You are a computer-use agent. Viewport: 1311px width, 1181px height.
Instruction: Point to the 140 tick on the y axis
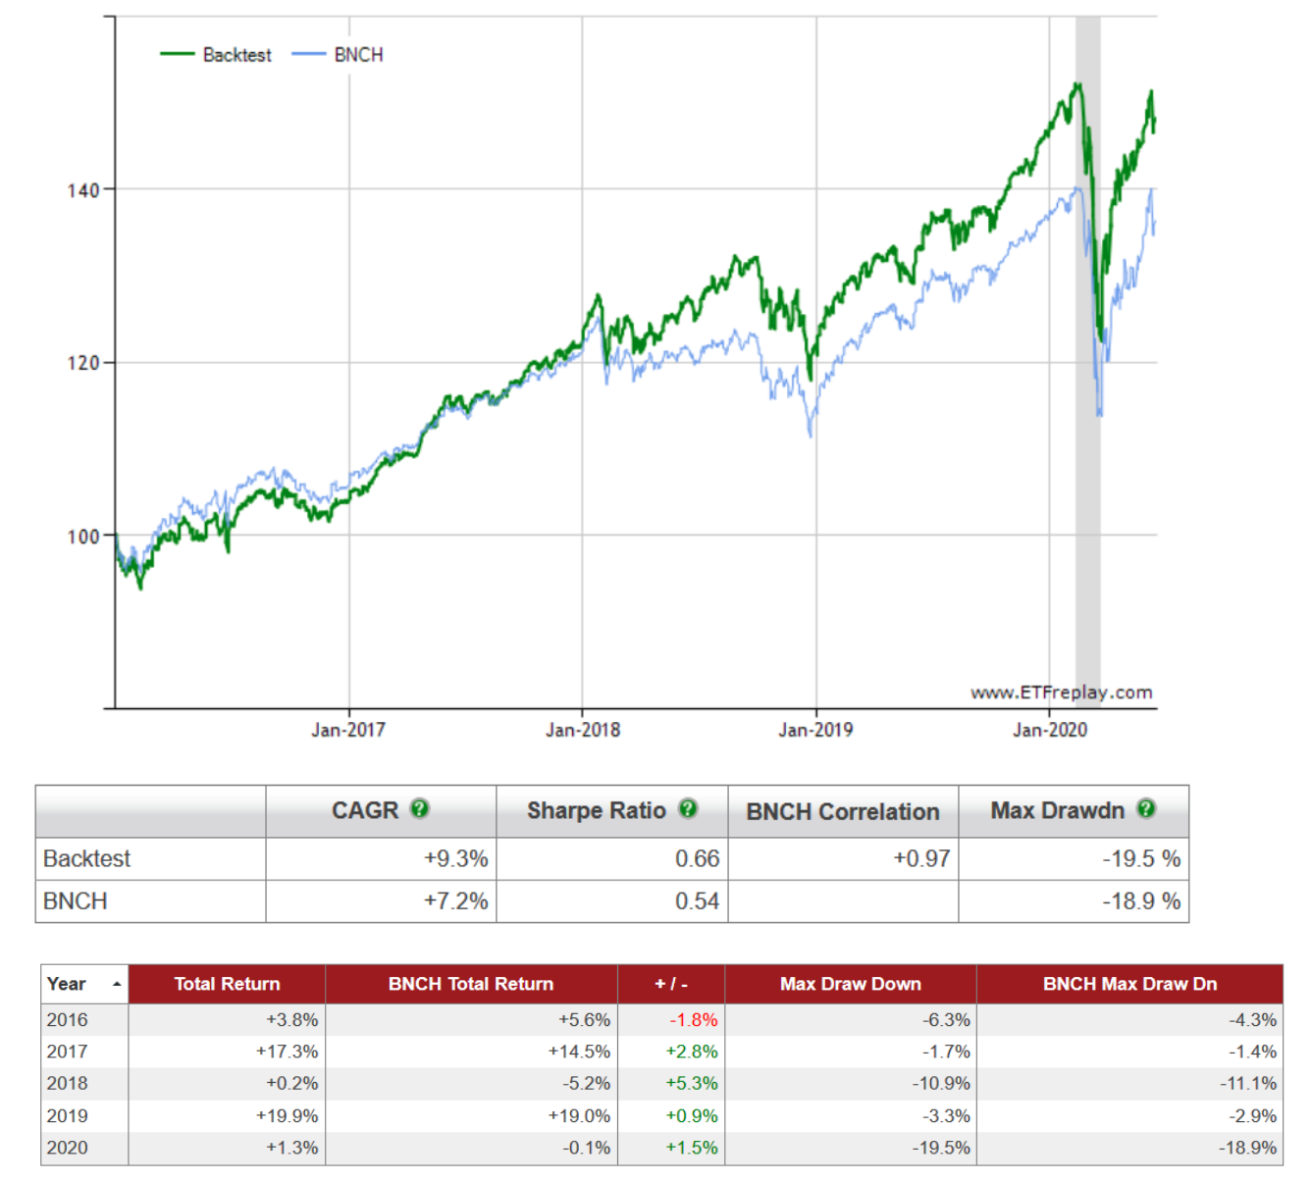click(83, 190)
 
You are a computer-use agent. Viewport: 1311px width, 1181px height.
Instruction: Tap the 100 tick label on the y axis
click(83, 537)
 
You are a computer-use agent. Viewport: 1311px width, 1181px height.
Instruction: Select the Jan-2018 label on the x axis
click(583, 730)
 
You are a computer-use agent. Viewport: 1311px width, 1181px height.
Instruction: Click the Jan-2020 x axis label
click(1050, 730)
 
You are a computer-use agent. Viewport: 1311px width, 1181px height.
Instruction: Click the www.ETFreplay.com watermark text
click(1062, 693)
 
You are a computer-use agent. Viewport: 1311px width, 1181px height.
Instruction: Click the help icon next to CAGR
click(420, 809)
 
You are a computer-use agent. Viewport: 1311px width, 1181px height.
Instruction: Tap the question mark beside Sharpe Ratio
click(688, 809)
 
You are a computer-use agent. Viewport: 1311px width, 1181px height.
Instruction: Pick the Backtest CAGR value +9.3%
click(455, 859)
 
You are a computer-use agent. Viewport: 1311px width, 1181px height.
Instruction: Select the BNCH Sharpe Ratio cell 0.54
click(697, 901)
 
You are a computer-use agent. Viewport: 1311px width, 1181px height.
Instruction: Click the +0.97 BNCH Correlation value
click(921, 859)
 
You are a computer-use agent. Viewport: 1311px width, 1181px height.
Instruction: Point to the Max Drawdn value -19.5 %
click(1141, 859)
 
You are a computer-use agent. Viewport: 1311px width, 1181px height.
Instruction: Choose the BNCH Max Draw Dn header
click(1129, 984)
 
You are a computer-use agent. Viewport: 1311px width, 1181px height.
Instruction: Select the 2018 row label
click(67, 1084)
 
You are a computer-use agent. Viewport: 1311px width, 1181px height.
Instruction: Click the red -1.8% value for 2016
click(694, 1020)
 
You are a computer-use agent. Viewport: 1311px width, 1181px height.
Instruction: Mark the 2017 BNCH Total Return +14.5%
click(579, 1052)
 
